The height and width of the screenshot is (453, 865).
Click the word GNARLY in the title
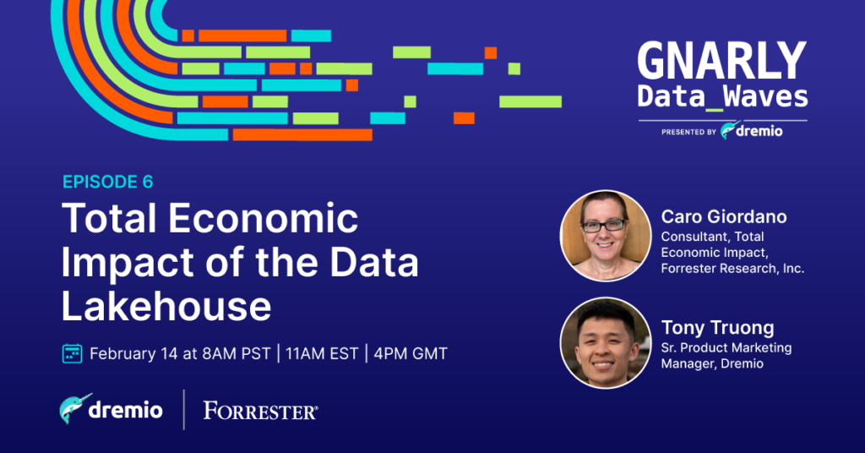(721, 61)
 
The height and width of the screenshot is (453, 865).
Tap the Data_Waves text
(723, 96)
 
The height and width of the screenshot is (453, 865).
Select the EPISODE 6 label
(107, 182)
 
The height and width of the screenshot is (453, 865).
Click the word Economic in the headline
(264, 218)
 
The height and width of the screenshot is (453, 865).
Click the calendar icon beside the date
(73, 353)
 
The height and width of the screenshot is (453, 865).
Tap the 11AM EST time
(322, 353)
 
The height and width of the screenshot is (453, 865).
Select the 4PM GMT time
(411, 353)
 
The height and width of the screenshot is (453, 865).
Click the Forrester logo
(260, 411)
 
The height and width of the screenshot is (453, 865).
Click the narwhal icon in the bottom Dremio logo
(75, 409)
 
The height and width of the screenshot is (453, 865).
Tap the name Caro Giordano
(724, 217)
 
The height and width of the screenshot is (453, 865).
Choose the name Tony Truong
(718, 328)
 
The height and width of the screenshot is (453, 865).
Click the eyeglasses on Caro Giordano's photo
(604, 225)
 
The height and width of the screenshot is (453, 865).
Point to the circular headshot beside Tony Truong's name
(605, 342)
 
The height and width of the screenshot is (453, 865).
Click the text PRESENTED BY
(688, 133)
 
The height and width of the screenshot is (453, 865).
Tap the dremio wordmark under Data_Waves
(759, 131)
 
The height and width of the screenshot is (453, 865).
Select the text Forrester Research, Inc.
(732, 269)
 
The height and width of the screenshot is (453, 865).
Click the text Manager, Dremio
(712, 363)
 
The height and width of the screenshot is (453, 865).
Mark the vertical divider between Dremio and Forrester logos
(183, 409)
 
